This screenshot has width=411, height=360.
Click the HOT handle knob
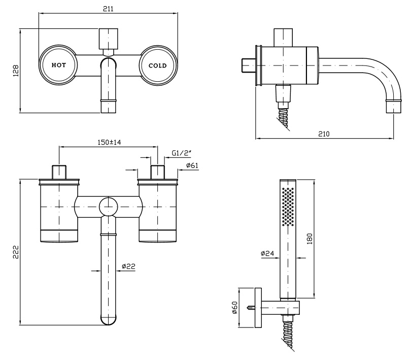click(x=58, y=65)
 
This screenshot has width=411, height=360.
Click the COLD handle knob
click(x=157, y=65)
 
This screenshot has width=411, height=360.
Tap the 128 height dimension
click(x=16, y=70)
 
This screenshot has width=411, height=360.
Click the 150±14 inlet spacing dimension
click(x=109, y=142)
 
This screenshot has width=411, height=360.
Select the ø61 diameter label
click(x=192, y=165)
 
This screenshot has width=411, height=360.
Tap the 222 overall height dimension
click(x=16, y=252)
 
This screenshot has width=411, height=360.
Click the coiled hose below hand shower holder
click(x=288, y=334)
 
